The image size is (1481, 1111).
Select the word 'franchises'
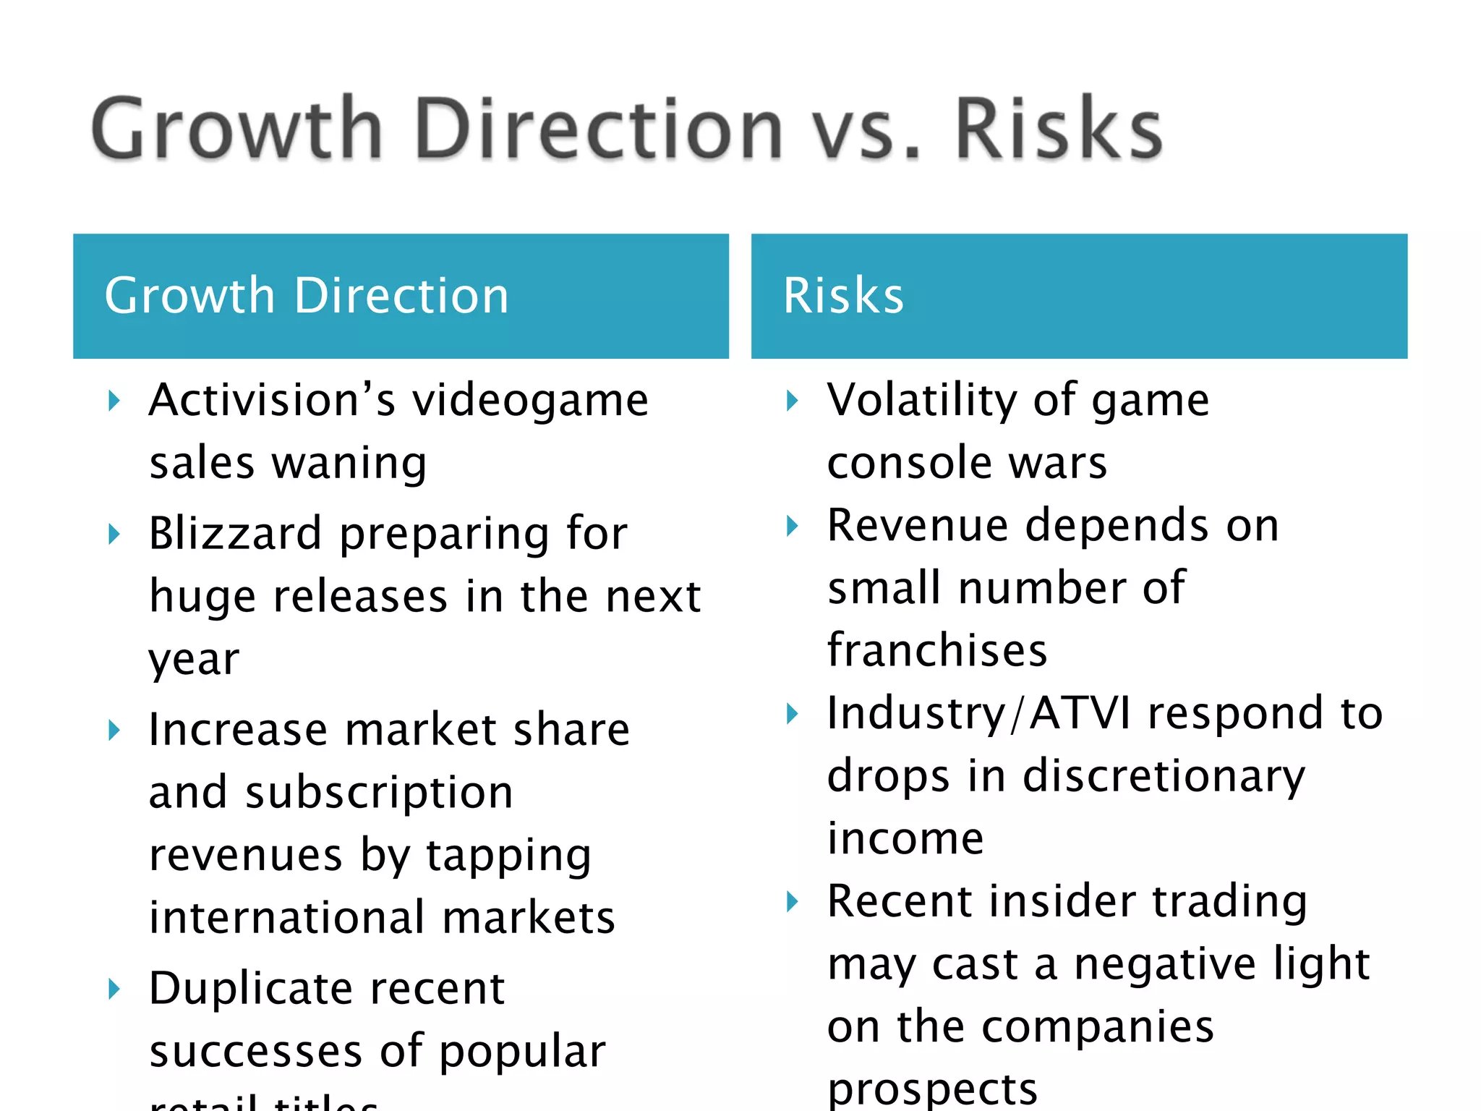tap(937, 650)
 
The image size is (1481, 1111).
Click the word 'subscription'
tap(379, 793)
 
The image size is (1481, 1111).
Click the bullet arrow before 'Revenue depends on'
tap(793, 526)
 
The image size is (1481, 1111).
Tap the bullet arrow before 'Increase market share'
tap(114, 730)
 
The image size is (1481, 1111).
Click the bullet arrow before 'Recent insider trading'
tap(793, 902)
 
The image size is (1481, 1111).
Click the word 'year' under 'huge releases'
tap(194, 660)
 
